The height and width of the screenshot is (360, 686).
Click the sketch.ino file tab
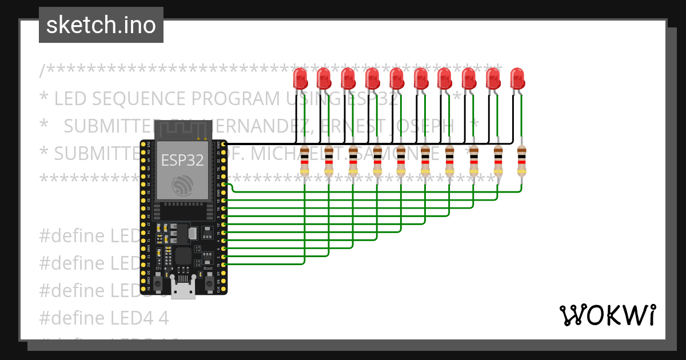[101, 25]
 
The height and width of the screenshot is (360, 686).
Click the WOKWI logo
[607, 315]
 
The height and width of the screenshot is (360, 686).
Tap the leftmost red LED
[300, 78]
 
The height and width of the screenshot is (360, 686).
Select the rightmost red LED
[517, 78]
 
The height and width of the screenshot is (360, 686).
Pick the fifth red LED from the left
[396, 78]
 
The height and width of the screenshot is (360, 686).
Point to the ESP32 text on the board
[182, 160]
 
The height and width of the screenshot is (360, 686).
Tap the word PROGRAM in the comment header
[234, 99]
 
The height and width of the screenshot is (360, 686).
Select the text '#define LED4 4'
[104, 318]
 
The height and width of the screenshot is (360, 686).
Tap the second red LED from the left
[324, 78]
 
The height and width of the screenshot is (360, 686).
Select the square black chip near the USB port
[184, 255]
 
